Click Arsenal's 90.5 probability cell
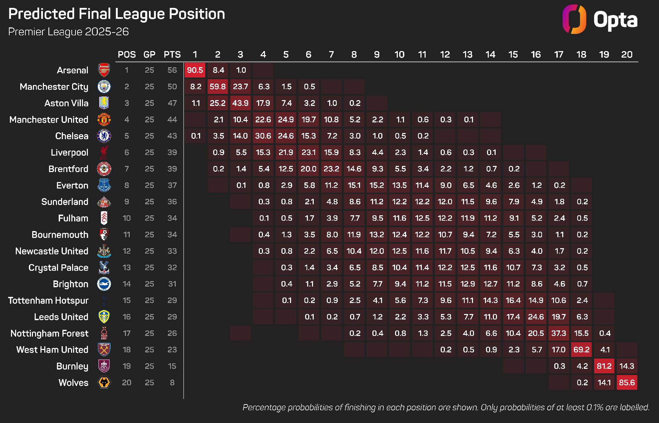(x=195, y=70)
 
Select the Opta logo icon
(x=574, y=19)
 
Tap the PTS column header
(x=172, y=55)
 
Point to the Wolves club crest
(x=104, y=383)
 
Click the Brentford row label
(x=68, y=169)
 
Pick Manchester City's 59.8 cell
(x=218, y=87)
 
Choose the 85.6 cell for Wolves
(x=627, y=383)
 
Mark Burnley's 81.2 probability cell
(x=604, y=366)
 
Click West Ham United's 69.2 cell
(x=581, y=350)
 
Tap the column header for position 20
(x=627, y=55)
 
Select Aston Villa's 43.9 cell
(x=240, y=103)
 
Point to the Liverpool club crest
(x=104, y=153)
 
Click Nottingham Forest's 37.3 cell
(x=559, y=333)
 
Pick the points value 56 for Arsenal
(x=172, y=70)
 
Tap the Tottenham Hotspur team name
(x=48, y=301)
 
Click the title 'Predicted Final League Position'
(x=117, y=14)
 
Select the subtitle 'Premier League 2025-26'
(x=68, y=32)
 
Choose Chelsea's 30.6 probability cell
(x=263, y=136)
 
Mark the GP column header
(x=149, y=55)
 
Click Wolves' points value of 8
(x=172, y=383)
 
